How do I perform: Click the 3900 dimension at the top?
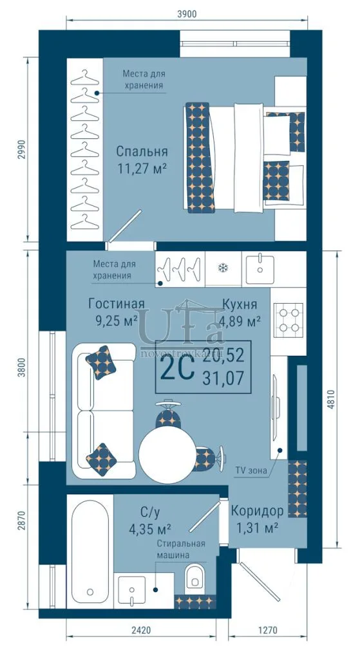(187, 14)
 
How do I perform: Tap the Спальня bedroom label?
(142, 151)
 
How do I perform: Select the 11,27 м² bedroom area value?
(142, 169)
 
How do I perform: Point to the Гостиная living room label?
(117, 304)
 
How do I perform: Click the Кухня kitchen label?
(240, 304)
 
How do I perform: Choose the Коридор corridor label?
(257, 511)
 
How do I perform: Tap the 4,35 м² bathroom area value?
(149, 528)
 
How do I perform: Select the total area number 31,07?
(223, 379)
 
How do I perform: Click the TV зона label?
(251, 470)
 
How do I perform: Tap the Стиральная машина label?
(181, 549)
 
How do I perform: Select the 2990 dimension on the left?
(21, 149)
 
